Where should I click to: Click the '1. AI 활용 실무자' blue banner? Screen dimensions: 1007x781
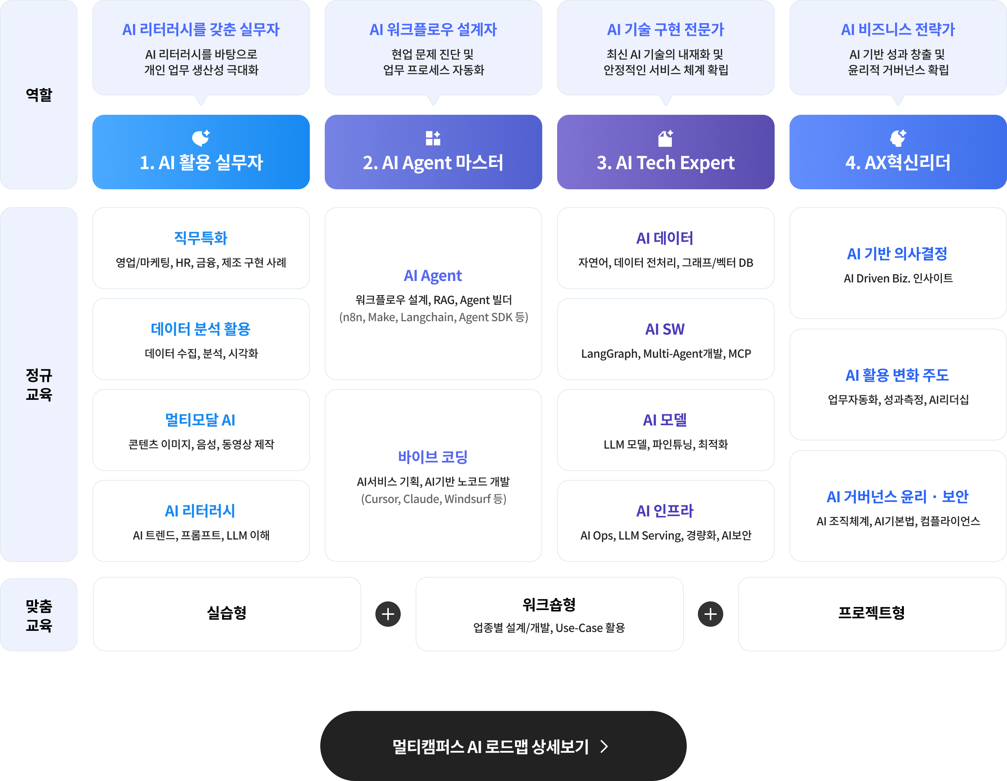(x=201, y=152)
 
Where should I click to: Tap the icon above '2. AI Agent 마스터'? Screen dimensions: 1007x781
(x=433, y=138)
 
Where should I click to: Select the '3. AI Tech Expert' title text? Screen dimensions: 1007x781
(x=665, y=163)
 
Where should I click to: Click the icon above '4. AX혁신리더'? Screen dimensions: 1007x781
(x=898, y=138)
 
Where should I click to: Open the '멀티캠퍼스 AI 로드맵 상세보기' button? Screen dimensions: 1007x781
(x=503, y=746)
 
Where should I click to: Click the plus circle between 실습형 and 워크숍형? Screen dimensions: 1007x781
(x=388, y=614)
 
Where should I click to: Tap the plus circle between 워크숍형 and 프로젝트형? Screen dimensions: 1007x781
(x=711, y=614)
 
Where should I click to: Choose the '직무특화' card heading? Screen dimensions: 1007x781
(x=201, y=238)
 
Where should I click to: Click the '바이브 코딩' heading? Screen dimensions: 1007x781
(x=433, y=457)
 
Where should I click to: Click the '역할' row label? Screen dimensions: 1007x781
(x=39, y=95)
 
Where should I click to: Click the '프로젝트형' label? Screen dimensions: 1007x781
(x=871, y=613)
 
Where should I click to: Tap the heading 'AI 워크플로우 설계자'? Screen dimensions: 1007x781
(x=433, y=29)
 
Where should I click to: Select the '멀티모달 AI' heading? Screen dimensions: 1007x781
(x=200, y=420)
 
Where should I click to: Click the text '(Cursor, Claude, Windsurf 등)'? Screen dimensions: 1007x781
(x=433, y=499)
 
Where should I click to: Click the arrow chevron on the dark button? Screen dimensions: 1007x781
(x=604, y=746)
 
